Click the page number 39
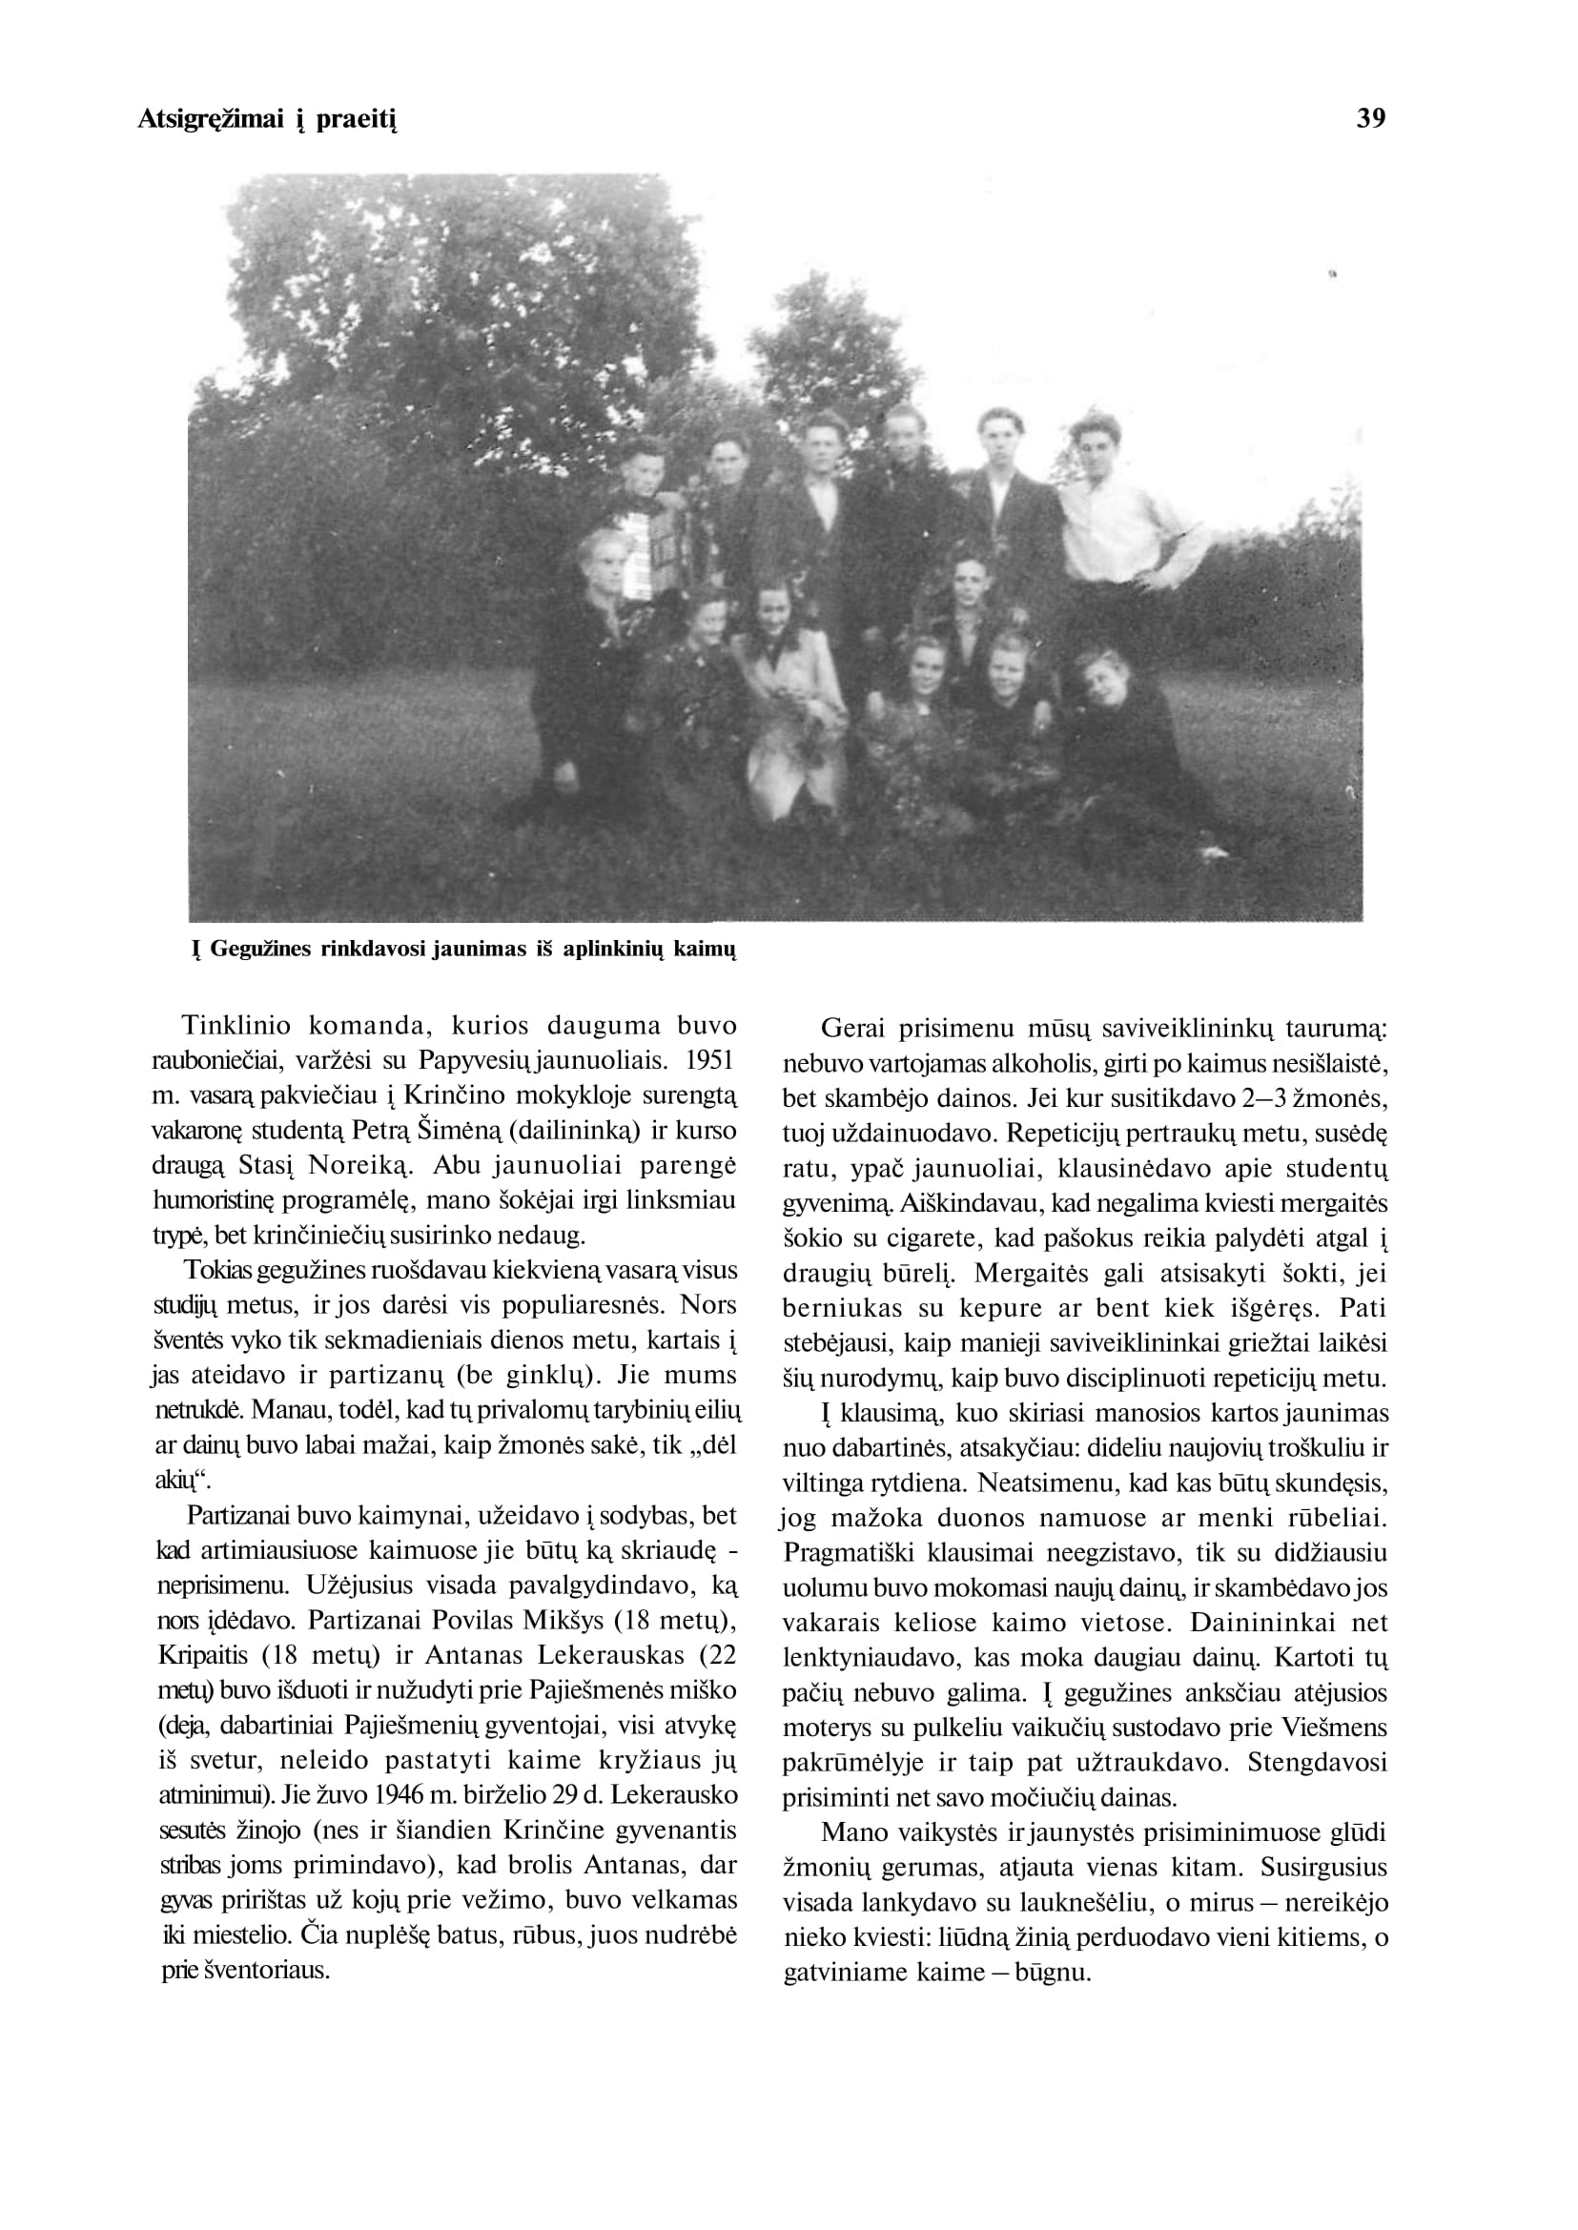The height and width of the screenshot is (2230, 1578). [1371, 118]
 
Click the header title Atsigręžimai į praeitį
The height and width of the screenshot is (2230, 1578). [267, 120]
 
